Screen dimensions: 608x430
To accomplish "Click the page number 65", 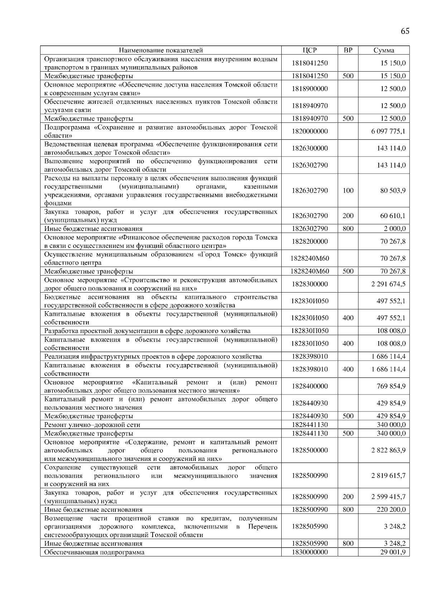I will pyautogui.click(x=405, y=31).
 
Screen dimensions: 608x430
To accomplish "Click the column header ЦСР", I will pyautogui.click(x=310, y=50).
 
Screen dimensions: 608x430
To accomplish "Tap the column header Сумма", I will pyautogui.click(x=384, y=50).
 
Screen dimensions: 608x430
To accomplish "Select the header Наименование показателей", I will pyautogui.click(x=161, y=50).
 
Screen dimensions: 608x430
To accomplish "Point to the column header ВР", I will pyautogui.click(x=348, y=50).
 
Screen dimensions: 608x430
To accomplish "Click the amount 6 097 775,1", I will pyautogui.click(x=388, y=131).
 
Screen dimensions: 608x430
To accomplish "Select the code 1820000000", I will pyautogui.click(x=310, y=131).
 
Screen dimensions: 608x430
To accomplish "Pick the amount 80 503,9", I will pyautogui.click(x=393, y=190).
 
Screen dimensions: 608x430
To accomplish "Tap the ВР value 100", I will pyautogui.click(x=348, y=190).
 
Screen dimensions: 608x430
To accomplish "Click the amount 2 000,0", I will pyautogui.click(x=395, y=229).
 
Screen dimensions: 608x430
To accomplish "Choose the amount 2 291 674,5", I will pyautogui.click(x=388, y=284).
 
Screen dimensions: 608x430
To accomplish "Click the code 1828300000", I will pyautogui.click(x=310, y=284).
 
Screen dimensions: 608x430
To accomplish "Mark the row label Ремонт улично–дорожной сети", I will pyautogui.click(x=92, y=425).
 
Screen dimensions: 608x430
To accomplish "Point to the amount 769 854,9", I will pyautogui.click(x=391, y=386).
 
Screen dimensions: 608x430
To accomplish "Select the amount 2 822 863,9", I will pyautogui.click(x=388, y=450).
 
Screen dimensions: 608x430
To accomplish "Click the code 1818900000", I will pyautogui.click(x=310, y=89).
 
